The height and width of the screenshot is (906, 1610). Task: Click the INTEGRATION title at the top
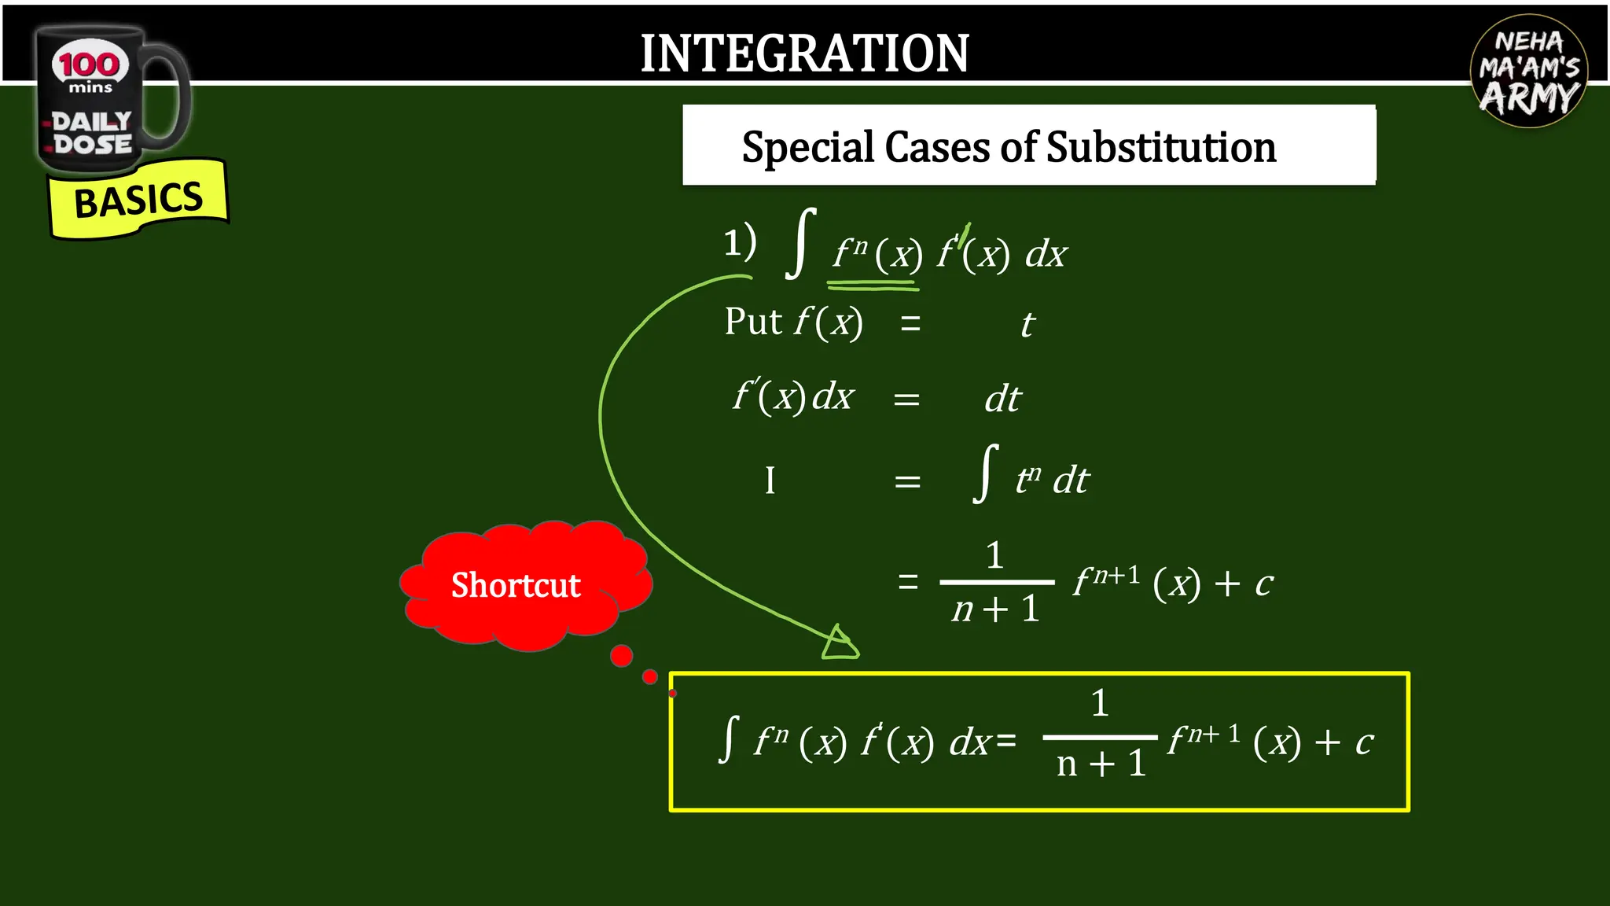(x=804, y=53)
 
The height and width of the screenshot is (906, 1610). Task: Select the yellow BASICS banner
(x=138, y=200)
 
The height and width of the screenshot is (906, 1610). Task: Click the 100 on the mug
(x=89, y=64)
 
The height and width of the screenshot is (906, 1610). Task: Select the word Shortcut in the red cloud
(x=516, y=585)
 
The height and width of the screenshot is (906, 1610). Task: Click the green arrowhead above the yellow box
(x=840, y=644)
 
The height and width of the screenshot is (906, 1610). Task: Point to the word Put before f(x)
(x=752, y=322)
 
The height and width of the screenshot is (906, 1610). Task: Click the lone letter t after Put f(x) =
(x=1027, y=325)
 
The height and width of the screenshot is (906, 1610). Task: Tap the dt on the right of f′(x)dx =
(x=1002, y=399)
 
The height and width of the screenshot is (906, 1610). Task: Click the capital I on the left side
(x=770, y=481)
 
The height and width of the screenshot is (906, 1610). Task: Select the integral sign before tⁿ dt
(x=985, y=473)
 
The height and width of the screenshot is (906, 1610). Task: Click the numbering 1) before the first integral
(x=739, y=242)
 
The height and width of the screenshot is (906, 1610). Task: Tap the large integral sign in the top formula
(x=800, y=243)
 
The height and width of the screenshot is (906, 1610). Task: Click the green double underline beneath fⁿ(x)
(x=873, y=285)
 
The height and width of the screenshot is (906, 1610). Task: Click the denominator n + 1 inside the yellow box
(x=1101, y=764)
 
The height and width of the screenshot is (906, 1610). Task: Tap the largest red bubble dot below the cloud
(x=621, y=655)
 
